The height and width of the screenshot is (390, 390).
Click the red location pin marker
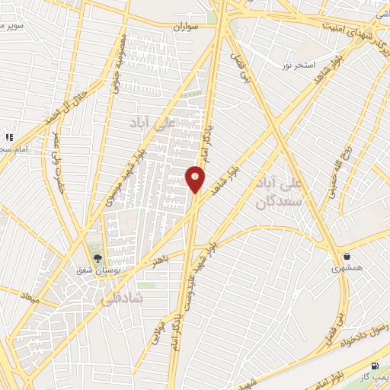(x=195, y=180)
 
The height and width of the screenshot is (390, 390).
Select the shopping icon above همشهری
(x=347, y=256)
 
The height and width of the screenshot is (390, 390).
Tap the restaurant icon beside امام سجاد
(x=10, y=137)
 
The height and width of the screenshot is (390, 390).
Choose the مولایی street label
(x=159, y=324)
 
